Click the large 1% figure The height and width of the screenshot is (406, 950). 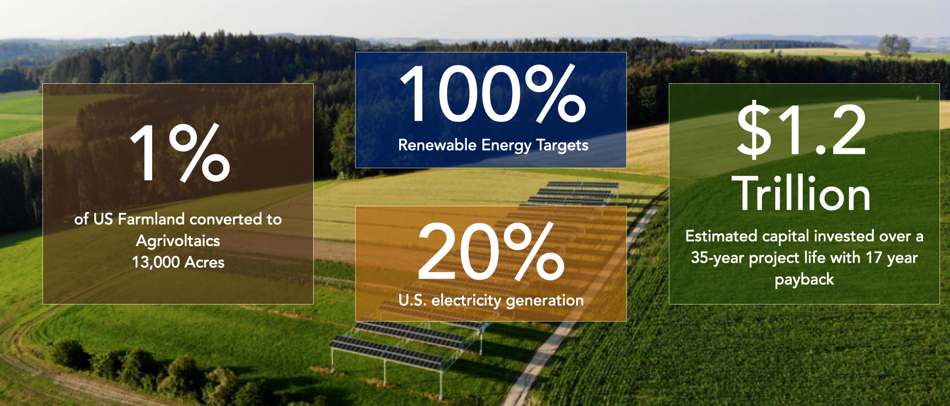[180, 153]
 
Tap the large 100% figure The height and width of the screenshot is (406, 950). [492, 93]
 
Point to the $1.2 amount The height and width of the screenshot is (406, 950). [801, 130]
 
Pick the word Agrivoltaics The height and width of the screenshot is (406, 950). [178, 241]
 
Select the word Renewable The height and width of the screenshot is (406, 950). [437, 145]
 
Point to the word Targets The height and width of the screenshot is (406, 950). [562, 146]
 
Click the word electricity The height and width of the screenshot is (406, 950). [466, 301]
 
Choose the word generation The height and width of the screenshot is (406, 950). [545, 301]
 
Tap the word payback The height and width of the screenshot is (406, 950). [804, 280]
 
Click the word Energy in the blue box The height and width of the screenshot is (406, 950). [506, 146]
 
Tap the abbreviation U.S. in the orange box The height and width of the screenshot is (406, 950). [412, 300]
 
